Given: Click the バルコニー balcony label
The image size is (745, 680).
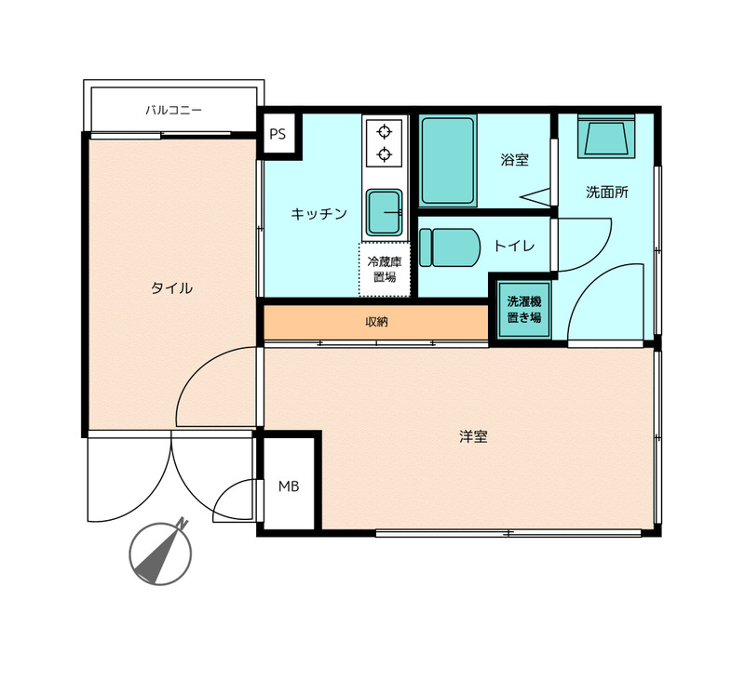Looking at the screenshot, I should click(x=173, y=110).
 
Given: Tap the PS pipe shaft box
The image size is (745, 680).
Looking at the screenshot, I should click(x=278, y=134).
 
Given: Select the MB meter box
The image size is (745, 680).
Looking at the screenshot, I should click(x=289, y=486).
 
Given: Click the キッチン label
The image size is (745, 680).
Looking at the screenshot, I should click(x=318, y=214).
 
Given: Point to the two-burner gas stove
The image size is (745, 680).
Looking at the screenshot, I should click(x=384, y=143).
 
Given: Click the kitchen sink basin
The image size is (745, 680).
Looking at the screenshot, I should click(x=384, y=212).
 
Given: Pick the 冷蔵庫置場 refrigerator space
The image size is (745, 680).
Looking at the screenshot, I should click(x=384, y=269).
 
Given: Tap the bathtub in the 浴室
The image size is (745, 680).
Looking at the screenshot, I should click(x=448, y=160).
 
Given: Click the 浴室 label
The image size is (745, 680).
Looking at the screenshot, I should click(x=514, y=160).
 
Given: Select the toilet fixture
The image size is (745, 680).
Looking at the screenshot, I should click(x=449, y=247).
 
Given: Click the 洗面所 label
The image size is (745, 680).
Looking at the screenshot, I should click(x=606, y=193).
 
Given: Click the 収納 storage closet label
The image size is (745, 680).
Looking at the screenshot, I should click(x=376, y=322).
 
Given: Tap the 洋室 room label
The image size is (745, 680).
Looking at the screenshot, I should click(x=473, y=435).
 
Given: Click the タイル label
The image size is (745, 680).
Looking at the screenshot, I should click(x=171, y=288).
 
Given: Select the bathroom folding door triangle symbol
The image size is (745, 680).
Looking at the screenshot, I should click(x=535, y=196).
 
